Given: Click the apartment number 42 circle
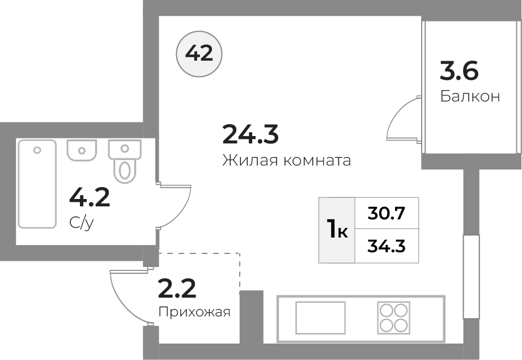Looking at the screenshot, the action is pos(199,54).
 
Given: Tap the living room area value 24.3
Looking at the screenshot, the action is pos(251,134).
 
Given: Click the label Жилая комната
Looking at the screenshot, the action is pos(287,160).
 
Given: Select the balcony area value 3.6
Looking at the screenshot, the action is pos(459,71).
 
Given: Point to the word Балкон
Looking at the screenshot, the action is pos(470,96).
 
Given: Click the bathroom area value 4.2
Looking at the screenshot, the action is pos(90,197).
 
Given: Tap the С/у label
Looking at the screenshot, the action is pos(82,223).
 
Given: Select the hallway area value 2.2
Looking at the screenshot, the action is pos(177,289).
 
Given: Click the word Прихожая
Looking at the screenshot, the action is pos(194,312).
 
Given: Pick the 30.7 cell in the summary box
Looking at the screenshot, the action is pos(387,213).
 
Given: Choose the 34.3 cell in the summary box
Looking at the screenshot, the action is pos(387,246).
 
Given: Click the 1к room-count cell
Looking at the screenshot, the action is pos(337,230).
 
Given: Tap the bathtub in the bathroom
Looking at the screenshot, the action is pos(37,184).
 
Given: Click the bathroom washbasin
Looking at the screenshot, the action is pos(82,150).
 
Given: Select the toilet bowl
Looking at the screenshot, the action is pos(125,161).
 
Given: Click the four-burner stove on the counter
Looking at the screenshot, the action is pos(393,317).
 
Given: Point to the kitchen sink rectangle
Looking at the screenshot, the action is pos(320,317).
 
